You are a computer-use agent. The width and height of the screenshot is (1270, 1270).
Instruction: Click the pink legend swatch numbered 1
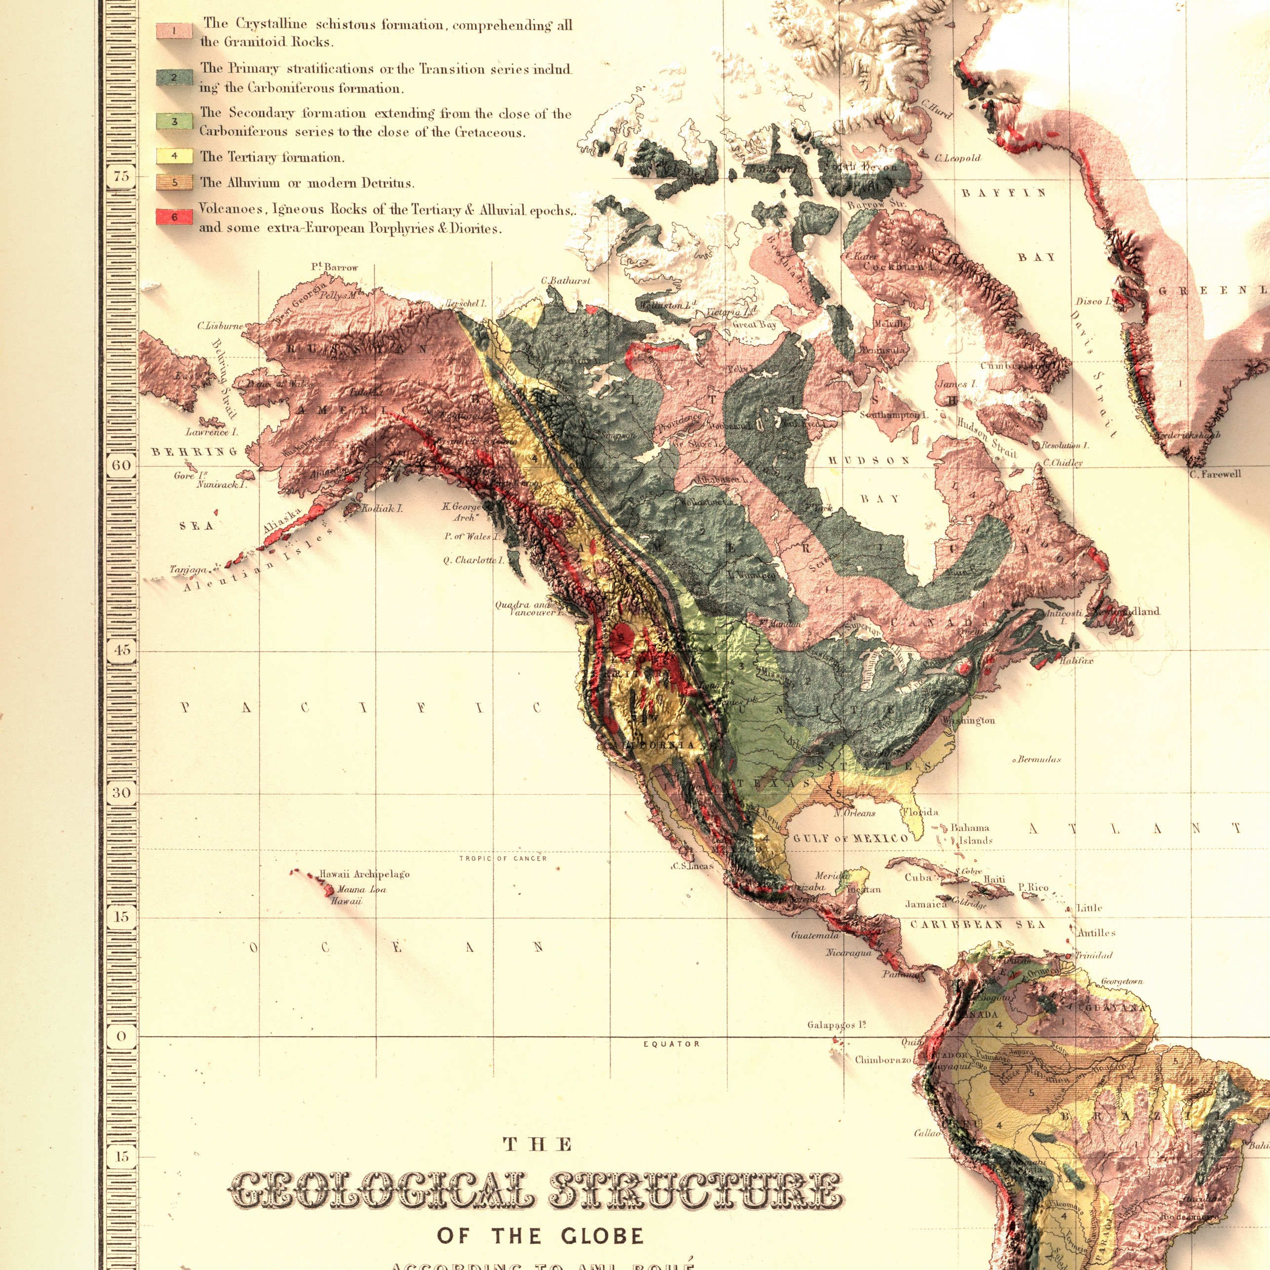173,31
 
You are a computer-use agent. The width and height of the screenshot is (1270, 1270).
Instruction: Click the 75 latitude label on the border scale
121,176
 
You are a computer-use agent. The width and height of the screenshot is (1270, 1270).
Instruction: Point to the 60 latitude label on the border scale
121,465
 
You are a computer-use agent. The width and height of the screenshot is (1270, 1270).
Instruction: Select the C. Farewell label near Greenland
1215,474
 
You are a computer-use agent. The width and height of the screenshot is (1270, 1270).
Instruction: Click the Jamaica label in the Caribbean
925,905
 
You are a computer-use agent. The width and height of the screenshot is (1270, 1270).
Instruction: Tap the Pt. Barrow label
335,268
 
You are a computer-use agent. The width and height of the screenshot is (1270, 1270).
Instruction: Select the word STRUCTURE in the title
695,1153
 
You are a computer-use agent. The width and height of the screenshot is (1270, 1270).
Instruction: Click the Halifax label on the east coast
1076,661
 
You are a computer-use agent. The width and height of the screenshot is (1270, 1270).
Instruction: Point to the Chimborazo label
883,1060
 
